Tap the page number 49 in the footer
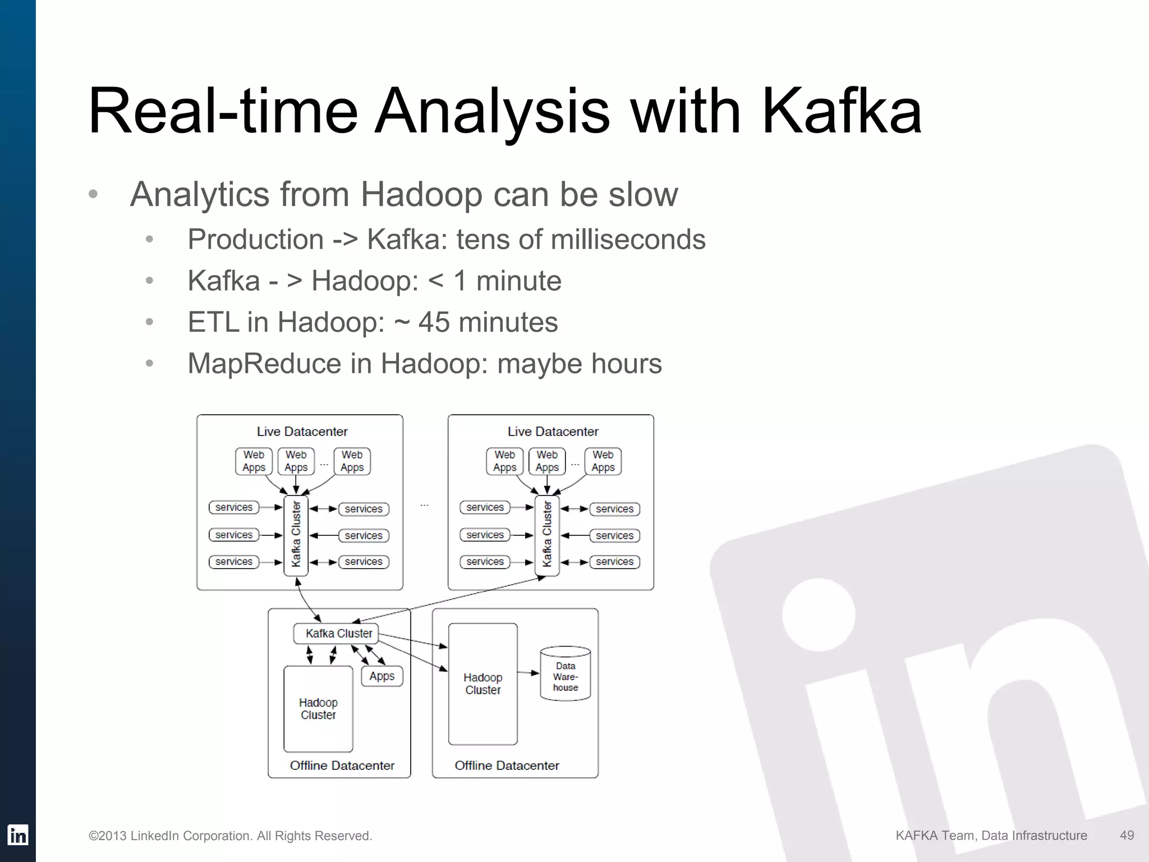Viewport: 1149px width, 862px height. point(1127,835)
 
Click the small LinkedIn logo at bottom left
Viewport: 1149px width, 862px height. point(18,835)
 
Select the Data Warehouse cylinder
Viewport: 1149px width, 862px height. point(565,675)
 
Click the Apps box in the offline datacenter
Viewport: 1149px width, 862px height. point(382,676)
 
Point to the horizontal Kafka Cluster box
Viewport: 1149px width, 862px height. point(336,634)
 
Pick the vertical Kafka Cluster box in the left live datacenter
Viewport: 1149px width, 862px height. point(296,535)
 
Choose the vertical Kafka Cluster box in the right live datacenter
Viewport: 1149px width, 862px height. point(546,535)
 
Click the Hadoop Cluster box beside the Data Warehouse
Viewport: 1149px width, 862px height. point(482,684)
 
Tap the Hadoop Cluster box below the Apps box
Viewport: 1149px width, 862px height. point(318,709)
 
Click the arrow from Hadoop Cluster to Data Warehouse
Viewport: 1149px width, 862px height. point(528,672)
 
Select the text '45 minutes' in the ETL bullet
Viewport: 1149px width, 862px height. point(488,322)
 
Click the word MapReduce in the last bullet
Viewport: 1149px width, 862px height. point(264,364)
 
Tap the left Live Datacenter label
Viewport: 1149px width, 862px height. point(302,432)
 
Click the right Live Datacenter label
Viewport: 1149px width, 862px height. point(553,432)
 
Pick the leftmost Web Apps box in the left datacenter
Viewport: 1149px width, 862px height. point(254,461)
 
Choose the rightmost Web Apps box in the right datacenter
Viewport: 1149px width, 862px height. point(603,461)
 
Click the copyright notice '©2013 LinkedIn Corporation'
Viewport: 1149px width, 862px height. point(230,836)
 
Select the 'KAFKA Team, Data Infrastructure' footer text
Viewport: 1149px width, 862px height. point(991,836)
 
